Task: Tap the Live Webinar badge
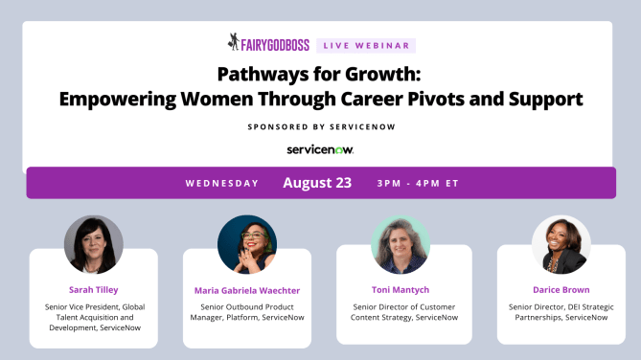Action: point(378,44)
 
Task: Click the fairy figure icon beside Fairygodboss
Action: point(234,42)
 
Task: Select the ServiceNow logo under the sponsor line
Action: point(320,148)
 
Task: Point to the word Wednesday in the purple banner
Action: point(223,183)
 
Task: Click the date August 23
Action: point(317,183)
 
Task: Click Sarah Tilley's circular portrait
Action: point(93,244)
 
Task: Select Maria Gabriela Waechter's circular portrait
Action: point(247,244)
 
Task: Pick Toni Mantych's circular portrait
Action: point(401,244)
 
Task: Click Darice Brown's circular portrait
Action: point(561,244)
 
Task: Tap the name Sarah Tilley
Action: point(93,288)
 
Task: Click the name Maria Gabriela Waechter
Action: point(247,289)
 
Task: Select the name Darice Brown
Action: point(561,288)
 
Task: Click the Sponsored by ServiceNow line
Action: point(320,125)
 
